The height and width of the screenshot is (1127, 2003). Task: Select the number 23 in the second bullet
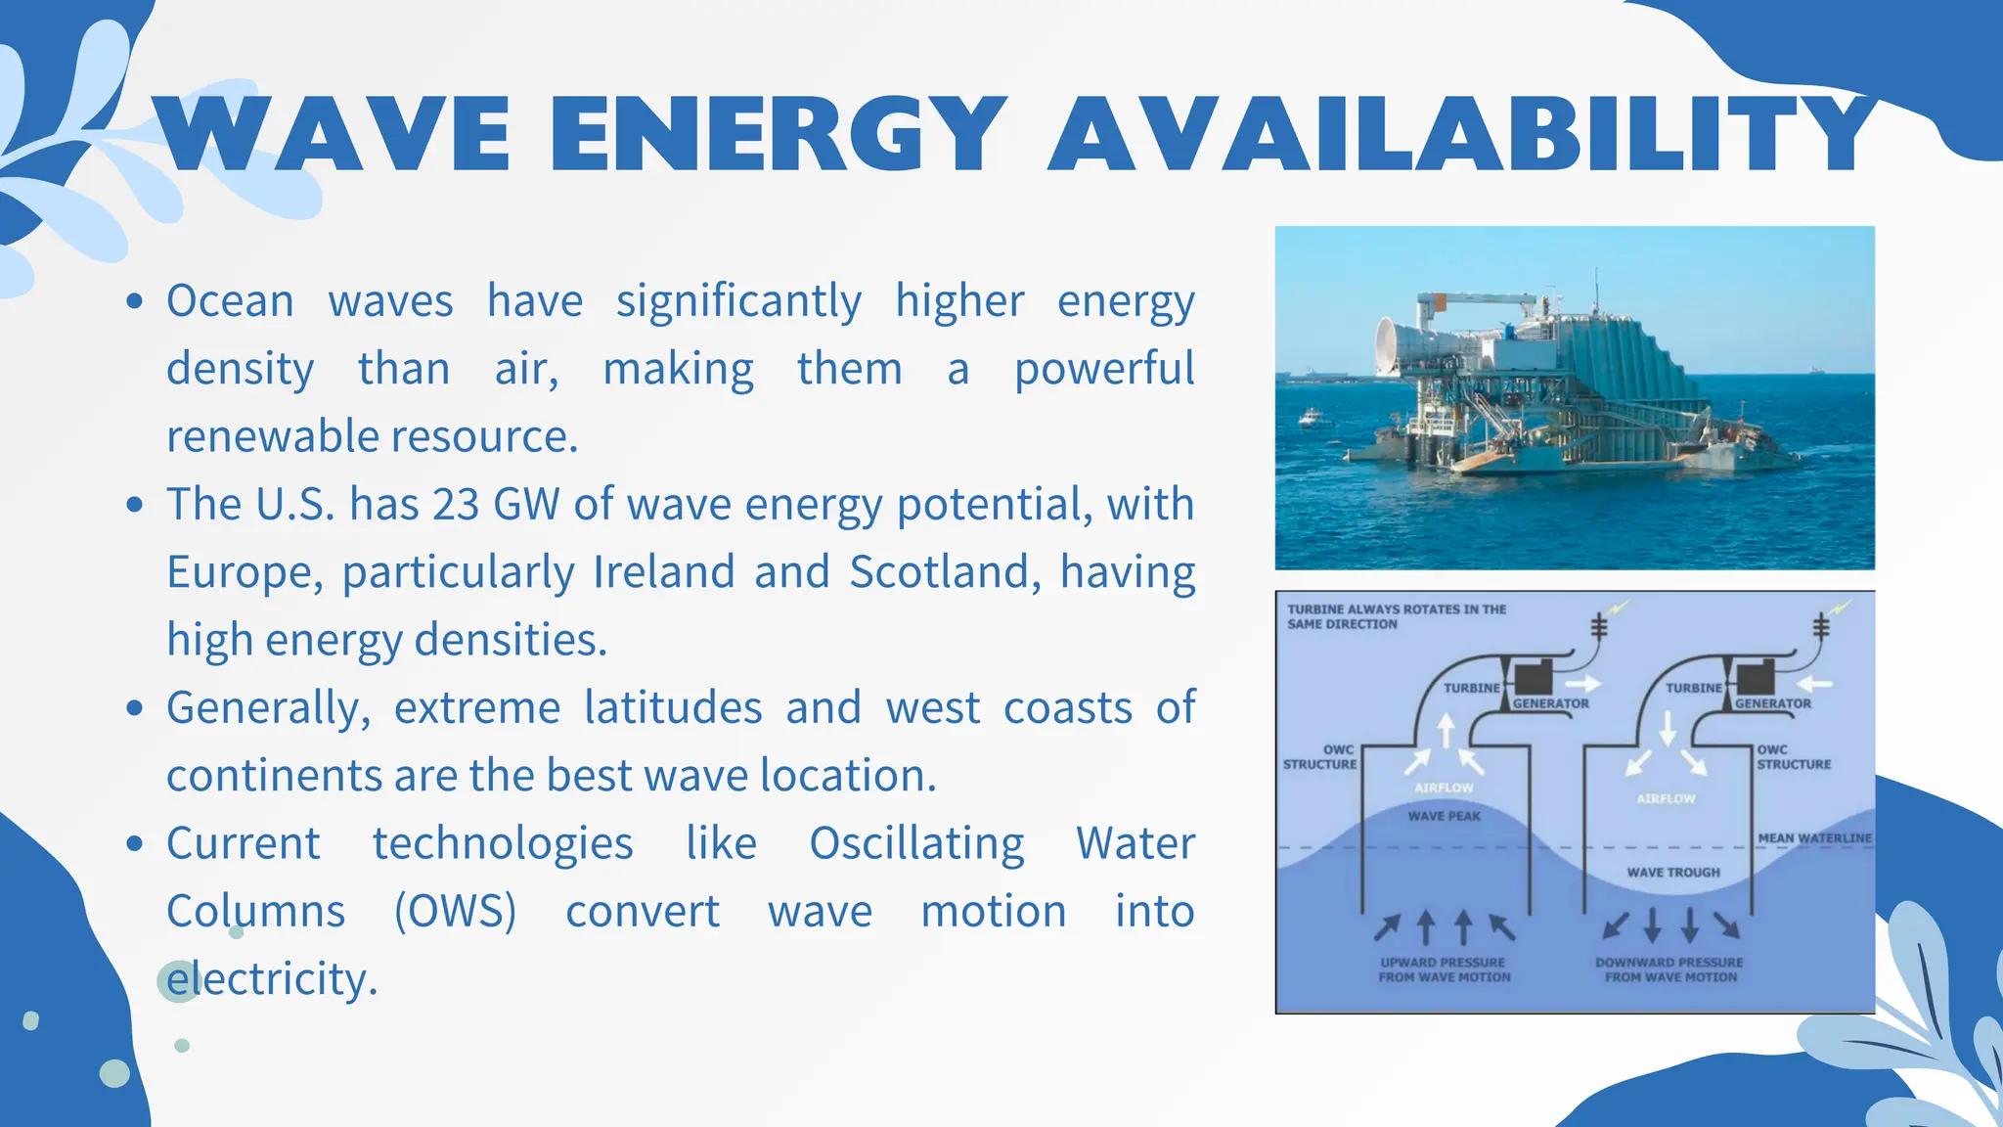456,505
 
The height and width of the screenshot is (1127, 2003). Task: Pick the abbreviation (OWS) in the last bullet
455,912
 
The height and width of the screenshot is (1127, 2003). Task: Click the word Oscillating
916,844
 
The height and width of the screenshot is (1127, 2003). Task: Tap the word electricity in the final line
272,979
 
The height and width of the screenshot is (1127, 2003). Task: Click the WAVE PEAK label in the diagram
1444,816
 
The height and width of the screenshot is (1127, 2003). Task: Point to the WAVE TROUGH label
1672,872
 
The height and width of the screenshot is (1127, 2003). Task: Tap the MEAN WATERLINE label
1814,838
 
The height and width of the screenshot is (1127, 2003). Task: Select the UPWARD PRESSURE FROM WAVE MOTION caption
1444,969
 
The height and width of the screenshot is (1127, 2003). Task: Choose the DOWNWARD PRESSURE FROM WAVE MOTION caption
1669,969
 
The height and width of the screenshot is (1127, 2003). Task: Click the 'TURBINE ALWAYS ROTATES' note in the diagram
1396,616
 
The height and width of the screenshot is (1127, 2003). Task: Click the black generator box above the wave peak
1534,677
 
